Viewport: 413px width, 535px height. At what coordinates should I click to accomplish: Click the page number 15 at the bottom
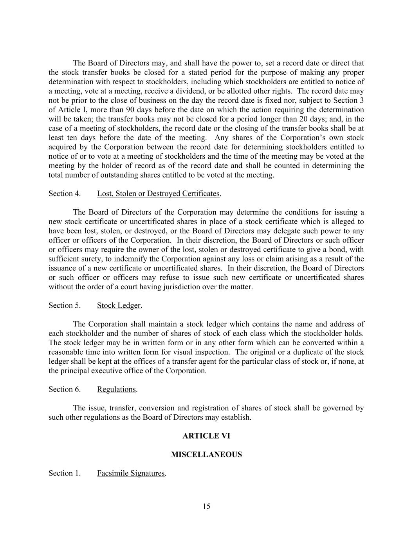coord(206,506)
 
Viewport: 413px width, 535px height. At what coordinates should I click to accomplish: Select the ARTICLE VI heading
coord(206,436)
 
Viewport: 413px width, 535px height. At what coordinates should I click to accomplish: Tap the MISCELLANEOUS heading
coord(206,455)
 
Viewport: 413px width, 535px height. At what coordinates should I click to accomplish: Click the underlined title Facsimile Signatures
coord(131,473)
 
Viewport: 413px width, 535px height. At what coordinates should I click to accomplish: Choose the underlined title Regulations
coord(116,389)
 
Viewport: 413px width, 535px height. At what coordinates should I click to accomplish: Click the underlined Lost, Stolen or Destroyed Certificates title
coord(158,194)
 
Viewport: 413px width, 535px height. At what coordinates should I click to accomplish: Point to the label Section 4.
coord(65,194)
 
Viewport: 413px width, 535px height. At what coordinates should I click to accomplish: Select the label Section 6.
coord(65,389)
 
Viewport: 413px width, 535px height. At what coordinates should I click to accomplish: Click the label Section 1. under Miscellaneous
coord(65,473)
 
